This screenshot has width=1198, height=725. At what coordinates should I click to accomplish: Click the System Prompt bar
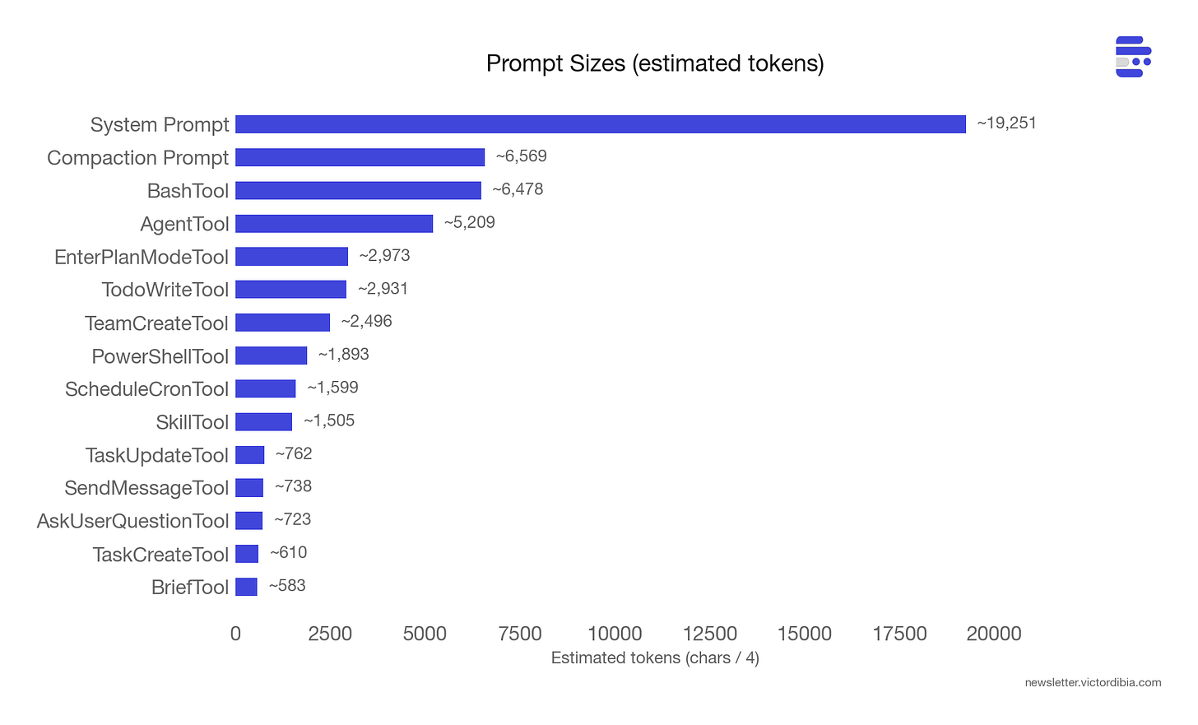(601, 124)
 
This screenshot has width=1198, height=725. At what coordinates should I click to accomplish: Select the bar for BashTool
(358, 190)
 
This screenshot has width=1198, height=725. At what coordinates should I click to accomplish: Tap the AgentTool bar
(334, 223)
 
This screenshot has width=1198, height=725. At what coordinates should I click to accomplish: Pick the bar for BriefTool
(246, 587)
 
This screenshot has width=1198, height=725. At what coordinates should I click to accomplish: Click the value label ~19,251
(1006, 123)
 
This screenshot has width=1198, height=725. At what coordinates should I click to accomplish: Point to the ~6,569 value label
(521, 156)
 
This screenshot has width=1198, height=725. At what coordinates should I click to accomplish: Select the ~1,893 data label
(343, 355)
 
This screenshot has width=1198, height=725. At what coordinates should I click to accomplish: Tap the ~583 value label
(287, 586)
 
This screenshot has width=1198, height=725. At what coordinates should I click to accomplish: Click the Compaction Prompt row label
(137, 157)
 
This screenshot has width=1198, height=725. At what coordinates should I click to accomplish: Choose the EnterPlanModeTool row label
(142, 257)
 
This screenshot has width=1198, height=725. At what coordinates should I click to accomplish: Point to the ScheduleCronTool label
(146, 388)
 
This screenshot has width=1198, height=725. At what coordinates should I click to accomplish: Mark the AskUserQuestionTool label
(132, 521)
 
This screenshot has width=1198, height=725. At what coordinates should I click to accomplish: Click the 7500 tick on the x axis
(520, 634)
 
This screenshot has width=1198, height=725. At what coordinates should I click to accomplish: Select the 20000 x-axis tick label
(994, 634)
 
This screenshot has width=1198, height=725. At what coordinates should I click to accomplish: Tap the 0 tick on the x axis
(235, 634)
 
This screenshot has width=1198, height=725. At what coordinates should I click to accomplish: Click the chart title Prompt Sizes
(655, 63)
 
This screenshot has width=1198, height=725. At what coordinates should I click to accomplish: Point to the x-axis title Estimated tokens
(655, 658)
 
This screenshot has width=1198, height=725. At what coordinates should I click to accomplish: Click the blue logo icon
(1133, 57)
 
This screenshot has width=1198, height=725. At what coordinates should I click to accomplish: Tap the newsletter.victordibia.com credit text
(1093, 682)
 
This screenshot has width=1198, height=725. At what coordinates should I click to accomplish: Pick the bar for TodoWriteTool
(290, 290)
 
